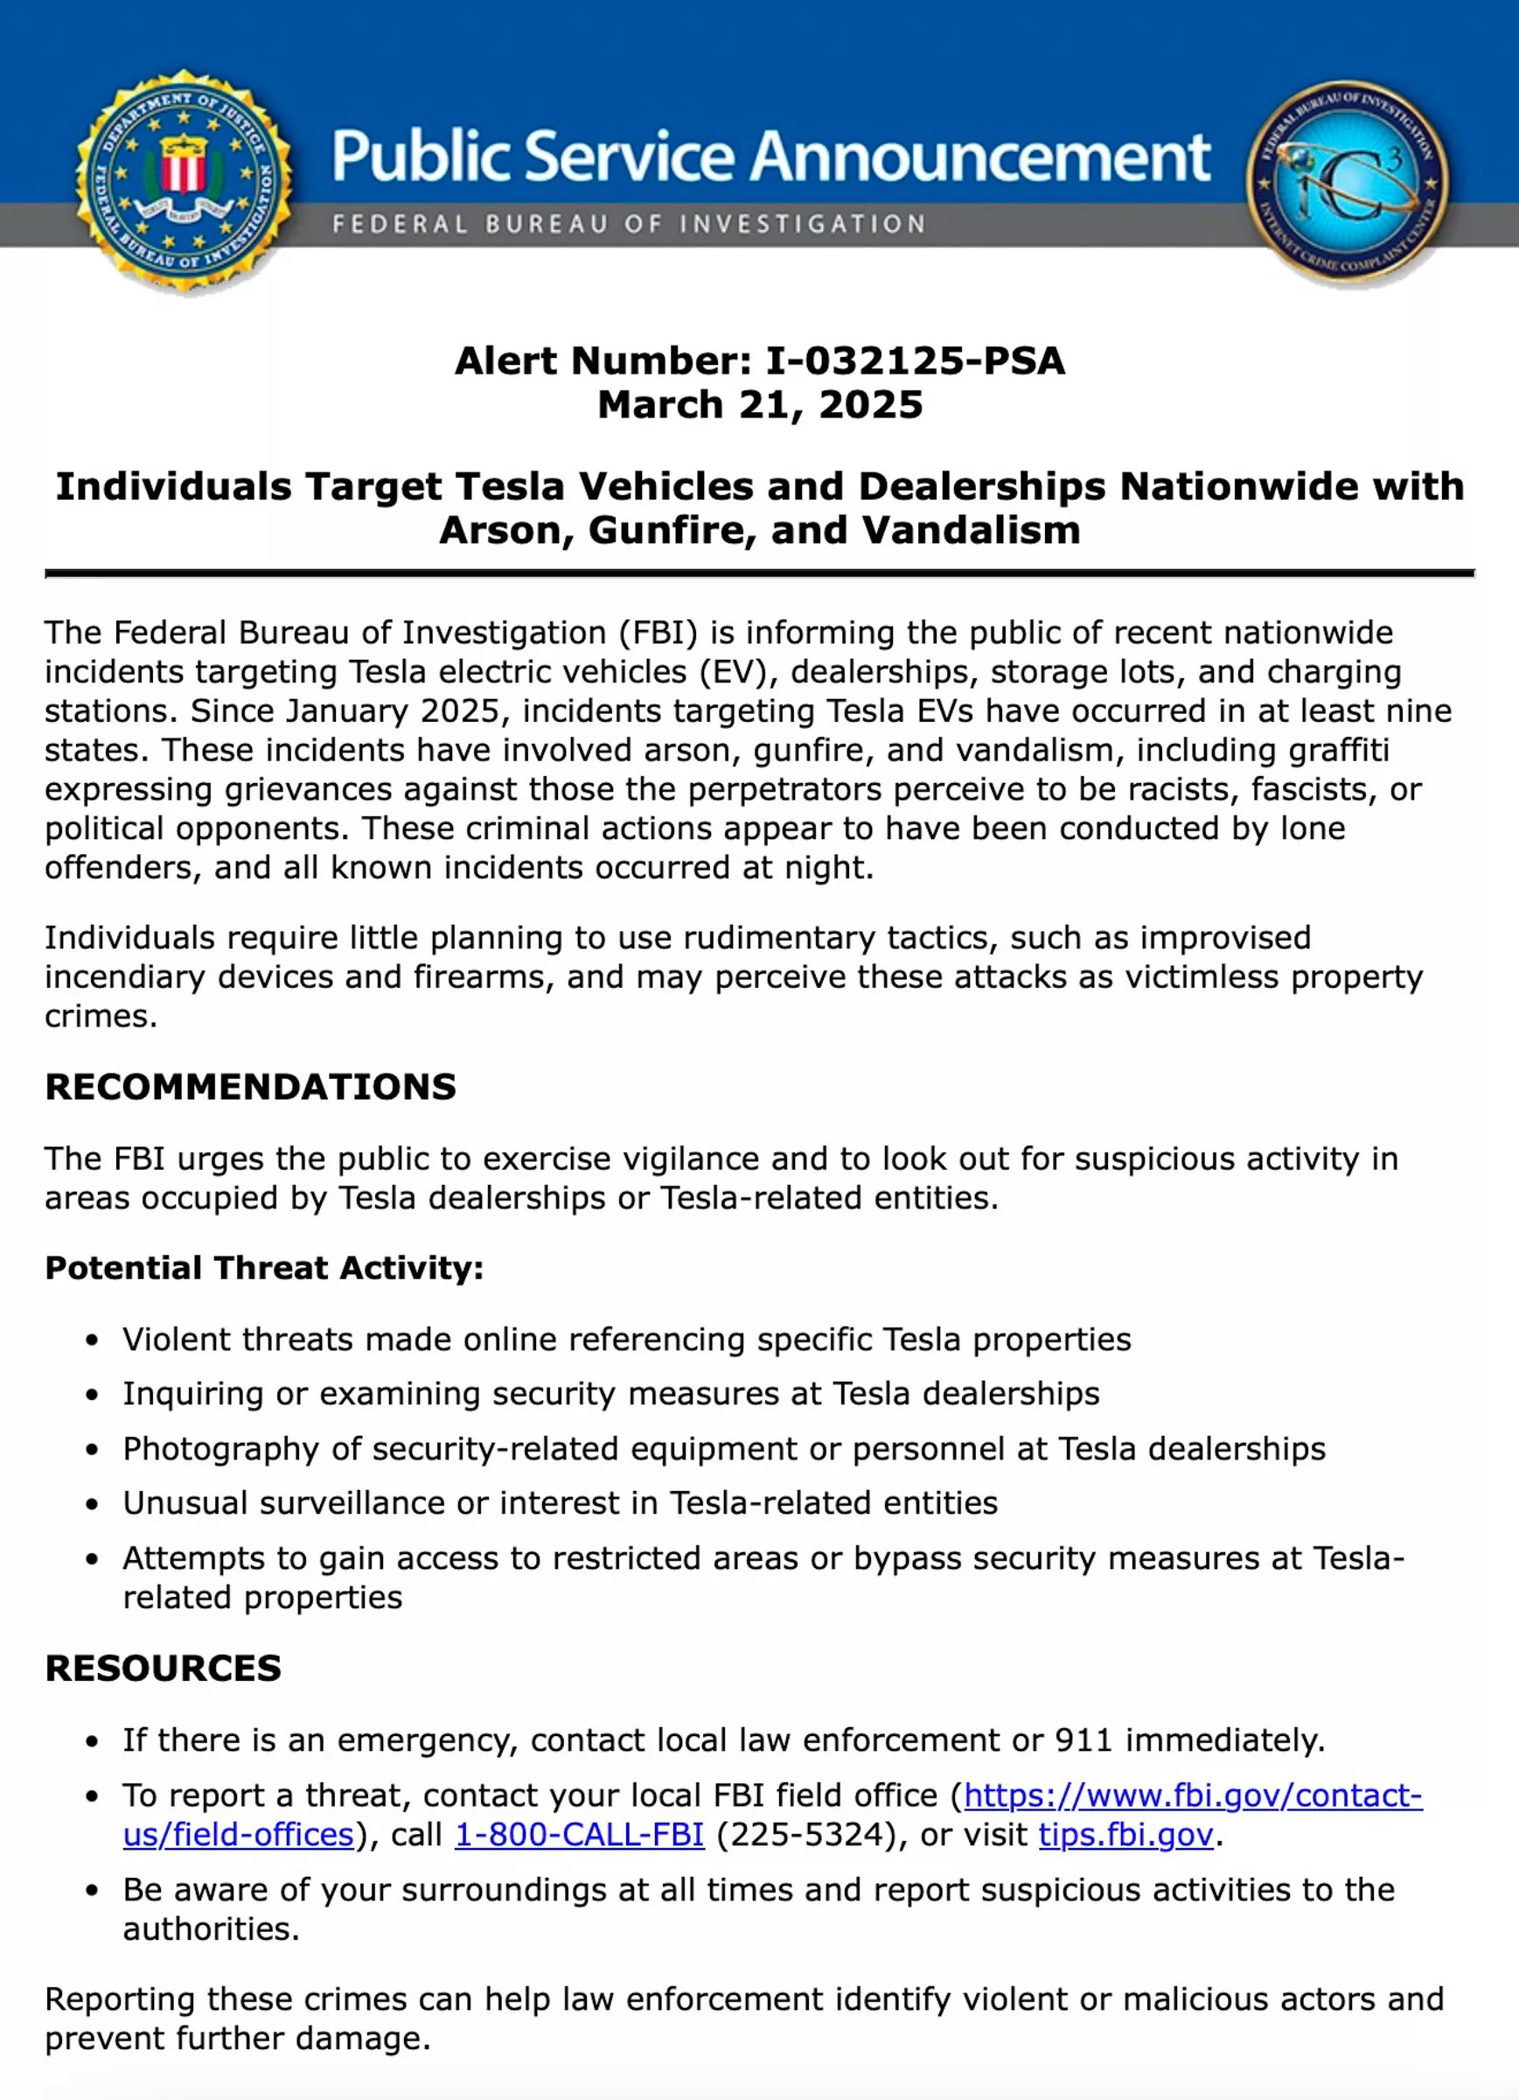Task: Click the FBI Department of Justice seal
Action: pyautogui.click(x=185, y=182)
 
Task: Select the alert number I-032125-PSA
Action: pyautogui.click(x=916, y=361)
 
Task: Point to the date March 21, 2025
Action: pyautogui.click(x=760, y=404)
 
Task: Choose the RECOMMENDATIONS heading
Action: pyautogui.click(x=251, y=1087)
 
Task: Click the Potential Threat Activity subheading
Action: pyautogui.click(x=264, y=1268)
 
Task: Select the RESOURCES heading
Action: pyautogui.click(x=163, y=1668)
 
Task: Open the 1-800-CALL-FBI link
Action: pyautogui.click(x=580, y=1834)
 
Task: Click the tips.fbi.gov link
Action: pyautogui.click(x=1125, y=1834)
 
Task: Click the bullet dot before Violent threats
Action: pyautogui.click(x=92, y=1340)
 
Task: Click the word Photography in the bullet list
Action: pyautogui.click(x=220, y=1448)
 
